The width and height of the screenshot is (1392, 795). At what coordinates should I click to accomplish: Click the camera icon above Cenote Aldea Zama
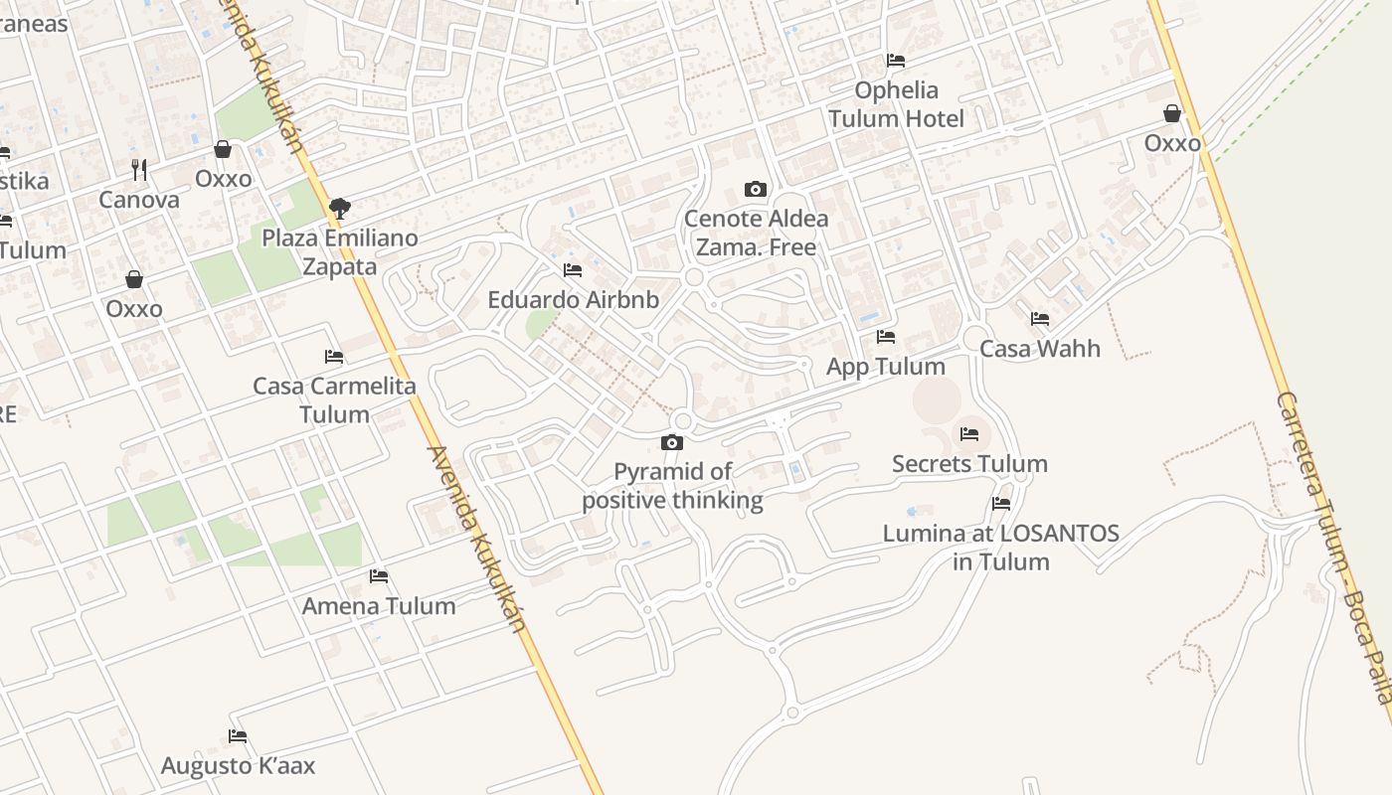point(756,189)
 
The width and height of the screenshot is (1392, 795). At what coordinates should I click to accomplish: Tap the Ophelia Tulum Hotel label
point(896,104)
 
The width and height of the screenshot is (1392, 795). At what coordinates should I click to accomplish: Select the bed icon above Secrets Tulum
point(969,434)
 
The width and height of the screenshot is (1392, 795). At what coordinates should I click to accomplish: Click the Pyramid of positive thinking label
point(672,486)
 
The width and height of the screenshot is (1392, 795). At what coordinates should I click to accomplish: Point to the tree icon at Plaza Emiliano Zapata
point(340,209)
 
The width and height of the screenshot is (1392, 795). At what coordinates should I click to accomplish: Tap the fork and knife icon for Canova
point(139,170)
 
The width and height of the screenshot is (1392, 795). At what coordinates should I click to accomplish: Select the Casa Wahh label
point(1040,349)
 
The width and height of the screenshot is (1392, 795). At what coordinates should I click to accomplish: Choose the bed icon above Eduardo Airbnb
point(572,269)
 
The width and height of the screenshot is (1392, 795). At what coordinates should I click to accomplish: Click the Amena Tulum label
point(379,606)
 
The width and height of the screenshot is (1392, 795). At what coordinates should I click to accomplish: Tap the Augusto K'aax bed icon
point(238,736)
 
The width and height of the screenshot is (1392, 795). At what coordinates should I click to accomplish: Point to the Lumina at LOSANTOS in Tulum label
point(1001,548)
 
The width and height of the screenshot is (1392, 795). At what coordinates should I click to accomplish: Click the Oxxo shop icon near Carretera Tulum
point(1172,113)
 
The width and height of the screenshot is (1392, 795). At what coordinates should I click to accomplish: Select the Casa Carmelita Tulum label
point(334,399)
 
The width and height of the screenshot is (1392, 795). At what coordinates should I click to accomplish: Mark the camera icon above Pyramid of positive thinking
point(672,442)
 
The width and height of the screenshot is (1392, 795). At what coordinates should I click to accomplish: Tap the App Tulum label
point(886,367)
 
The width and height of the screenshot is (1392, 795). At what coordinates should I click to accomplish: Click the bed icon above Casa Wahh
point(1040,319)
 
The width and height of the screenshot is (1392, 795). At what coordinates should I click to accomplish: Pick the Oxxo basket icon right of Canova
point(223,149)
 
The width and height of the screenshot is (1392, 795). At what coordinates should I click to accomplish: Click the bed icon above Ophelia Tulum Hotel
point(896,60)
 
